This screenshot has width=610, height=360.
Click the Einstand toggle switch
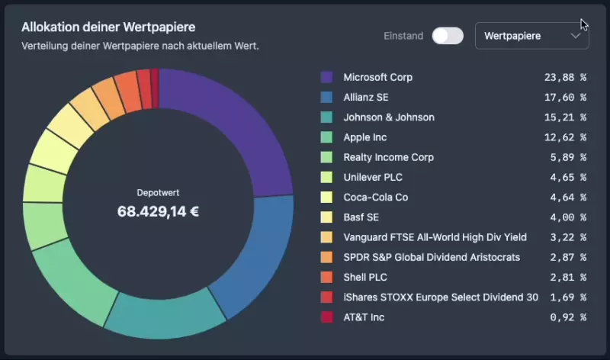click(x=448, y=36)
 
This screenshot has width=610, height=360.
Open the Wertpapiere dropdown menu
click(x=531, y=36)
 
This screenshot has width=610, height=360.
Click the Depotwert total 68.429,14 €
click(x=158, y=211)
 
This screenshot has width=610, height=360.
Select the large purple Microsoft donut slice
click(x=229, y=130)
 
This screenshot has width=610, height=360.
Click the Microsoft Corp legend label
click(x=378, y=77)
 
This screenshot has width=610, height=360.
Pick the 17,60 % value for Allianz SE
click(x=565, y=97)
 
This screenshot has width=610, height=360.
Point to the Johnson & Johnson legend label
click(x=389, y=117)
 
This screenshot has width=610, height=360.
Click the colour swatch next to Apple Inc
click(x=326, y=137)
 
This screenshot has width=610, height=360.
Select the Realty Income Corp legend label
click(x=388, y=157)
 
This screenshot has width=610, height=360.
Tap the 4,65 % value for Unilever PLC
click(x=565, y=177)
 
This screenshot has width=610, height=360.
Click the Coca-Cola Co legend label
click(x=376, y=197)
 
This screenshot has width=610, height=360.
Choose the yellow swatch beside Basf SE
click(x=326, y=217)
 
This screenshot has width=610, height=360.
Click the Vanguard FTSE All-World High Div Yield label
click(x=435, y=237)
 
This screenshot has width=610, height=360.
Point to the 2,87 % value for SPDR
click(x=565, y=257)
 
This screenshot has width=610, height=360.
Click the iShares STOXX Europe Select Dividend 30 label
click(x=441, y=297)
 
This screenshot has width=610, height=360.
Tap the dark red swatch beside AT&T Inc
click(x=326, y=317)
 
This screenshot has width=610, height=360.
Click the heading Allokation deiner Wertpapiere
click(x=108, y=27)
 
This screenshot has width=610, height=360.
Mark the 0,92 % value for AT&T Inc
click(x=565, y=317)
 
